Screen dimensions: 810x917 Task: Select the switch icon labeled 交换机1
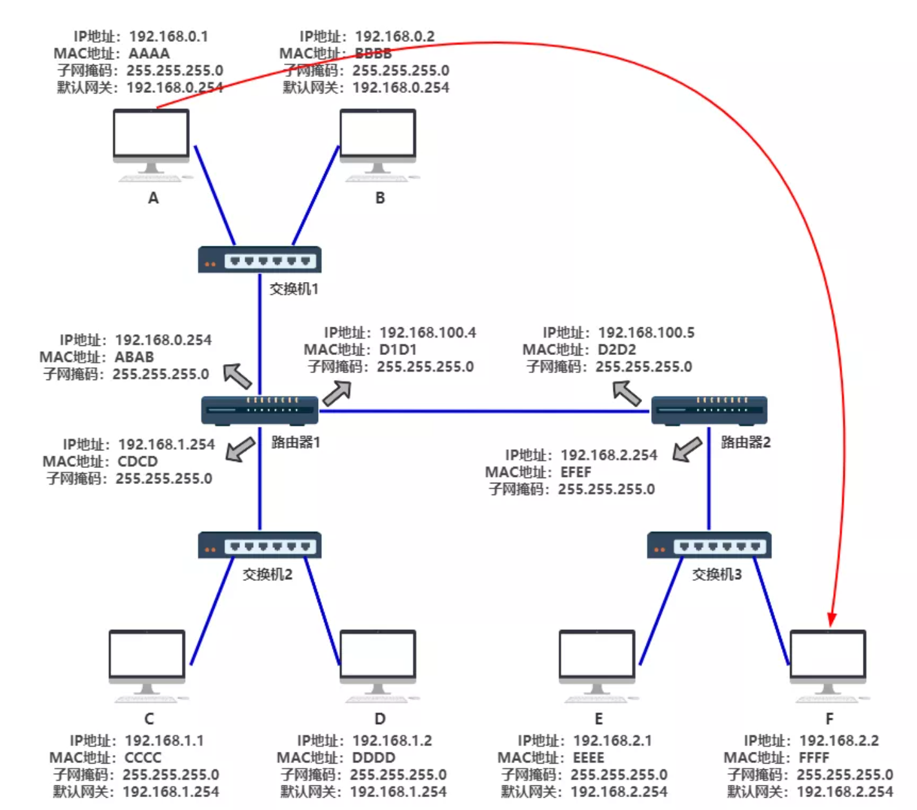(x=259, y=259)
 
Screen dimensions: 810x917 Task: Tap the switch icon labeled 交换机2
(x=259, y=545)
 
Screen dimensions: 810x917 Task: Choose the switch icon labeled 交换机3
(x=709, y=545)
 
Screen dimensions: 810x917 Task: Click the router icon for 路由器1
(x=259, y=410)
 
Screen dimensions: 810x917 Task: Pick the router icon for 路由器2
(x=709, y=410)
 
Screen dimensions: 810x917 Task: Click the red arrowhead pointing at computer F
(x=831, y=619)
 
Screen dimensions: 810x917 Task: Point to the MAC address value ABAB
(x=134, y=357)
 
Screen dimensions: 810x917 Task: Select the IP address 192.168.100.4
(x=428, y=332)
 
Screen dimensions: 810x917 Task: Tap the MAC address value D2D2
(x=617, y=350)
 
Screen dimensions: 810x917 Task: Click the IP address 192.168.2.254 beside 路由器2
(x=609, y=455)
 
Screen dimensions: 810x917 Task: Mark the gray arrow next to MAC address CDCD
(x=240, y=449)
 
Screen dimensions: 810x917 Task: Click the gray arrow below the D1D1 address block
(x=338, y=392)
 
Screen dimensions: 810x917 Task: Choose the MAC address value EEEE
(x=589, y=758)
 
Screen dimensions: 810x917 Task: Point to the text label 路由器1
(x=296, y=442)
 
